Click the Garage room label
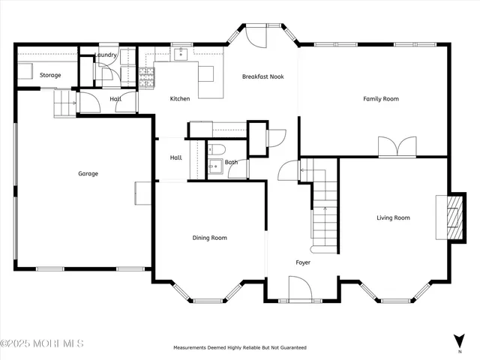point(88,173)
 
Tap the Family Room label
point(380,98)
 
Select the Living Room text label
point(393,217)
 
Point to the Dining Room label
point(209,238)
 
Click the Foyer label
point(303,262)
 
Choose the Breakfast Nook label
point(262,76)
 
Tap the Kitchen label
point(180,98)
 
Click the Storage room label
point(50,75)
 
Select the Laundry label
point(105,55)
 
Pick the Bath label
point(231,162)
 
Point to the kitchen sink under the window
point(181,55)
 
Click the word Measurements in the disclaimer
point(193,348)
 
